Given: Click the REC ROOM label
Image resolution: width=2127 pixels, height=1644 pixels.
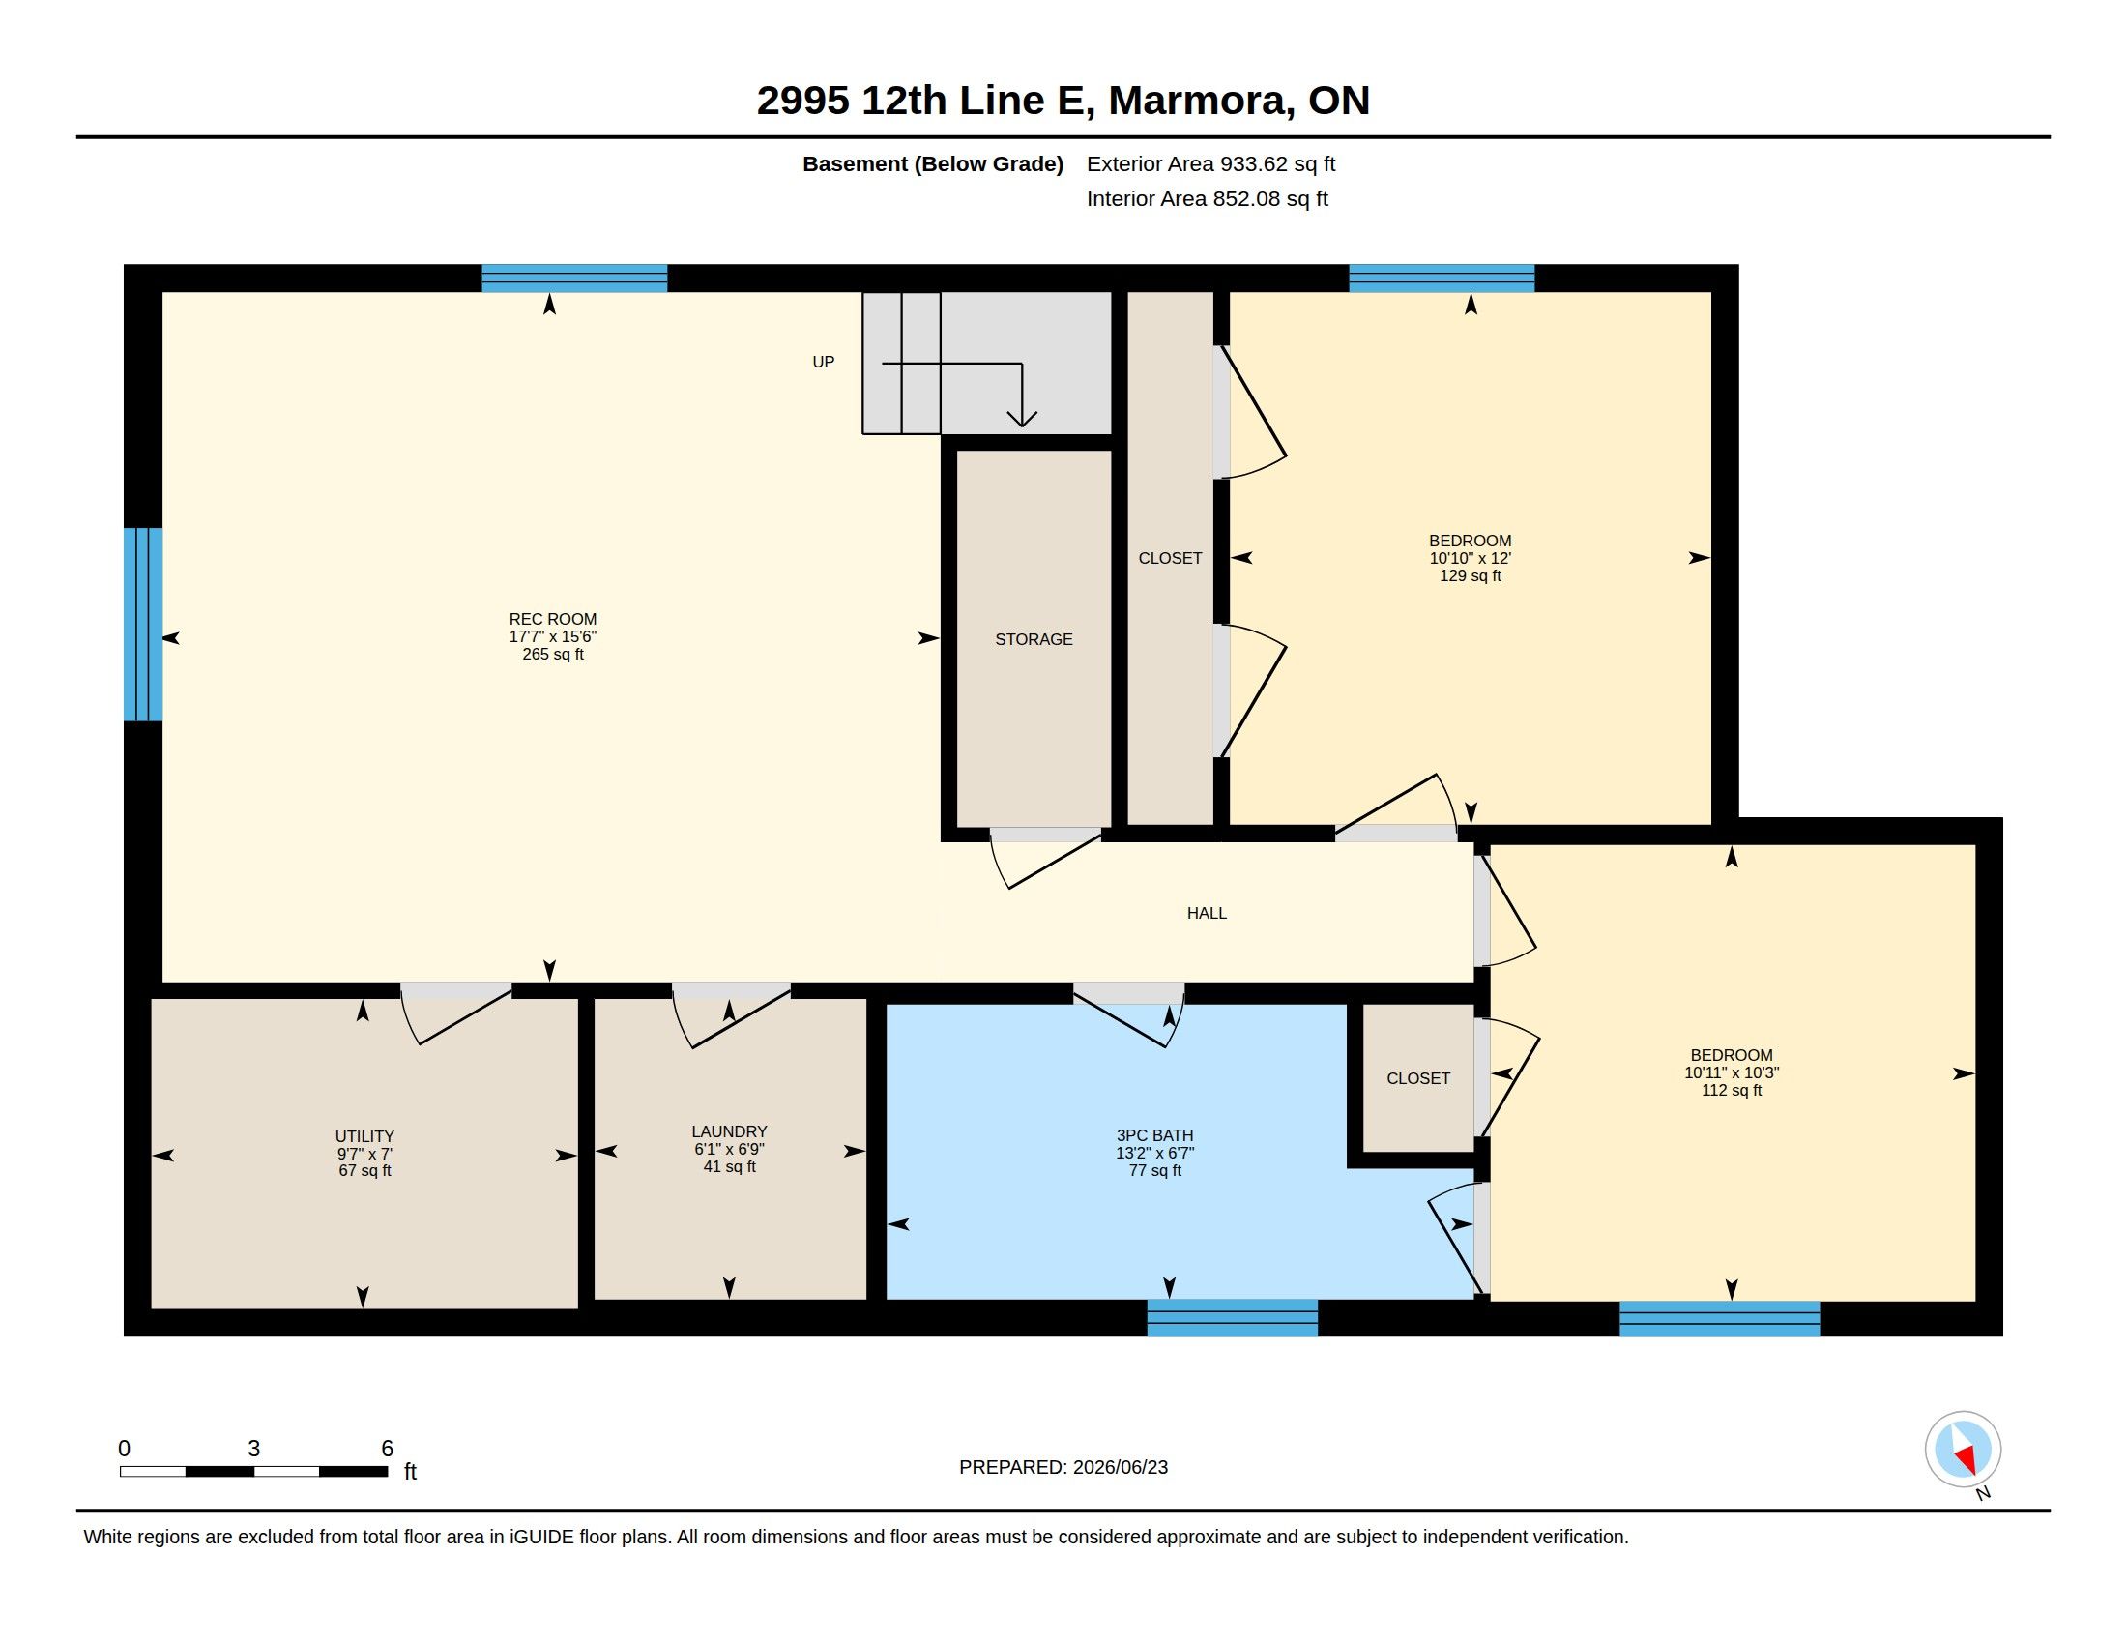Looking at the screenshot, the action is click(552, 620).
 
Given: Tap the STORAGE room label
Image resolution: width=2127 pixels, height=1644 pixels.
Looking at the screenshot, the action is click(1034, 640).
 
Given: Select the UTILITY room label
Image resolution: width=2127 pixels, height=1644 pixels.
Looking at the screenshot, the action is click(364, 1136).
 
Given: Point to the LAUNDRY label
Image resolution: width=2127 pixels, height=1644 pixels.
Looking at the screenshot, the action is click(729, 1131).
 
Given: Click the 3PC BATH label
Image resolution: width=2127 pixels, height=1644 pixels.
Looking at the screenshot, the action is click(1155, 1135).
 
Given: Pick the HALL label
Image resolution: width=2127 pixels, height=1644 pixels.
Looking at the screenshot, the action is click(1207, 914).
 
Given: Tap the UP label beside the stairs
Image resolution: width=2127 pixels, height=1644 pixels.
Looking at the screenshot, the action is click(823, 363).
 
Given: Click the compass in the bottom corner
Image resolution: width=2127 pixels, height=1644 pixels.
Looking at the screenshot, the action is click(1963, 1450).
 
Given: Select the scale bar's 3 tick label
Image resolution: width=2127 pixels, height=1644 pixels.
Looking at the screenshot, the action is click(254, 1449).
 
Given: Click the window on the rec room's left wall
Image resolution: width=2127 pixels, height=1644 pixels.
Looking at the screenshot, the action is click(143, 625).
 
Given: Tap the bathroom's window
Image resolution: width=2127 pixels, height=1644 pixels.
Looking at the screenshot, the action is click(1232, 1318).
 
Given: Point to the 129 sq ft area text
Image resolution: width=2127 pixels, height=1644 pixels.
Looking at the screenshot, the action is click(1471, 576).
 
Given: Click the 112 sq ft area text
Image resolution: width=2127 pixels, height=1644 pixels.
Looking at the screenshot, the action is click(1732, 1091).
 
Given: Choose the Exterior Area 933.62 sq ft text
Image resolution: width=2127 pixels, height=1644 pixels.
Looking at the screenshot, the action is click(1210, 164).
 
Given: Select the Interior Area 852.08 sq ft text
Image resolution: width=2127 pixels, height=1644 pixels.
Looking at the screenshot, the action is click(1207, 199).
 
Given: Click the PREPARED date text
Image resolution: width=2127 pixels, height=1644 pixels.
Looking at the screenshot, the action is click(1063, 1468).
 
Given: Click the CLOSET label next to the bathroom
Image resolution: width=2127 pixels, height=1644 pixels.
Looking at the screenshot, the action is click(1418, 1079).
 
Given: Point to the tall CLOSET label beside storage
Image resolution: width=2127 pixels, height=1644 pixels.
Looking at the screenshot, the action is click(1170, 559).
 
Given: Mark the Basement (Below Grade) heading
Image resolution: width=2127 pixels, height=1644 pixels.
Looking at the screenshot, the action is click(932, 164).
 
